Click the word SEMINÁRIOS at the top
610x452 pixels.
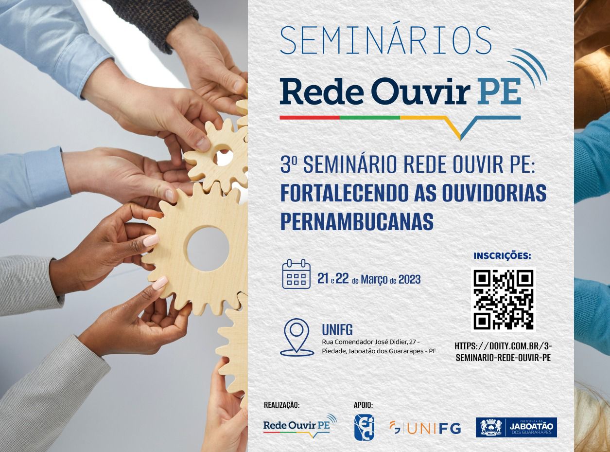click(x=386, y=40)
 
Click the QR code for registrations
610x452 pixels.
click(x=503, y=299)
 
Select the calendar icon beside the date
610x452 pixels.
click(x=296, y=273)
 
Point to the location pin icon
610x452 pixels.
click(x=297, y=337)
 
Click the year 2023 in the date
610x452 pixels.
click(x=410, y=279)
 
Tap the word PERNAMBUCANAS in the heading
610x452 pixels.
click(x=357, y=221)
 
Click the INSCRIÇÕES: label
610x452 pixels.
click(x=502, y=256)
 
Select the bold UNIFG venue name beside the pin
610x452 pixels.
click(x=337, y=330)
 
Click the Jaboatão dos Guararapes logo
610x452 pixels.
click(x=516, y=428)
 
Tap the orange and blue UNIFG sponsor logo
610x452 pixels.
click(x=425, y=429)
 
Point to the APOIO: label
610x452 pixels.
click(x=363, y=405)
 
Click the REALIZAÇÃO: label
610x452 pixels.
click(x=281, y=405)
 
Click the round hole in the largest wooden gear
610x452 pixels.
click(x=208, y=249)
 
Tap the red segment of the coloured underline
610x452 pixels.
click(x=310, y=118)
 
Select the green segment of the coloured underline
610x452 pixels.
click(x=370, y=118)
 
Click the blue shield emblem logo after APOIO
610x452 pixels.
click(x=364, y=427)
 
